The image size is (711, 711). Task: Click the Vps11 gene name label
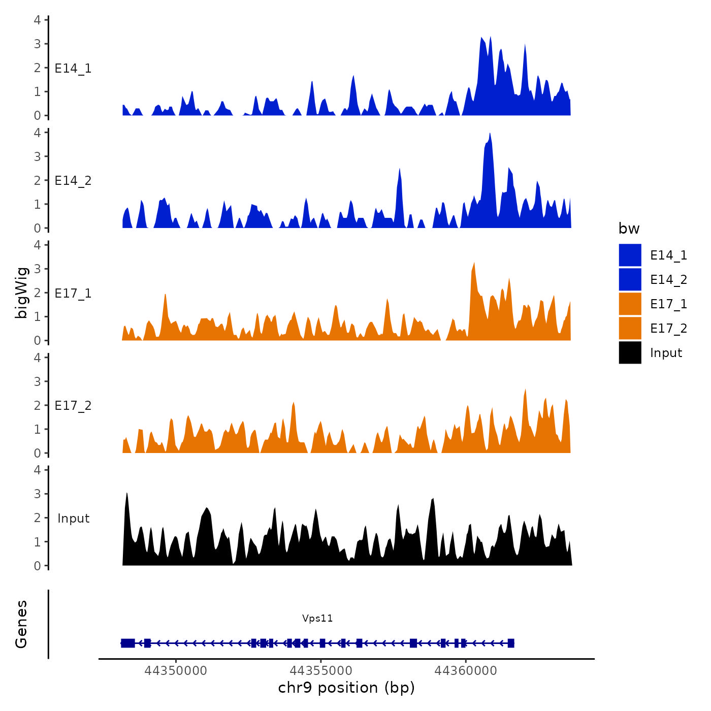point(317,618)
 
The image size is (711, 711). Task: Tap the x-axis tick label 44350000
point(176,671)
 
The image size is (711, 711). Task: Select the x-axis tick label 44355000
point(321,671)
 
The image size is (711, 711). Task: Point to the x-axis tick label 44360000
point(466,671)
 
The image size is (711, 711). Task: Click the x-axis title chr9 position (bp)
point(346,688)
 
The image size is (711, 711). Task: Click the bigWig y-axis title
point(21,293)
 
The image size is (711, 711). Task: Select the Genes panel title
point(21,624)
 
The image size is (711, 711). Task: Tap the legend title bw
point(629,229)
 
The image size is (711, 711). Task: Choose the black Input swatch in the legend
point(630,352)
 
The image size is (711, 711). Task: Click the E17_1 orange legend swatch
point(630,304)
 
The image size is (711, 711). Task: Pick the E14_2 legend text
point(668,280)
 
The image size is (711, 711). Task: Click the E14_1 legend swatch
point(630,255)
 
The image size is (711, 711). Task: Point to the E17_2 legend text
point(668,329)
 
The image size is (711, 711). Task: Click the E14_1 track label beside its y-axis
point(73,69)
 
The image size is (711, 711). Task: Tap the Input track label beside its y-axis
point(73,519)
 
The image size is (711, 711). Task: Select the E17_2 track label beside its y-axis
point(73,406)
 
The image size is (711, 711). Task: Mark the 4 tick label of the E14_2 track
point(37,133)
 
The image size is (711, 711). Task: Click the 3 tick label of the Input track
point(37,494)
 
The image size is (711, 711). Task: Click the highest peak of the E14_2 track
point(490,134)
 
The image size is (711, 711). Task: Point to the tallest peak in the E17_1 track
point(474,264)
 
